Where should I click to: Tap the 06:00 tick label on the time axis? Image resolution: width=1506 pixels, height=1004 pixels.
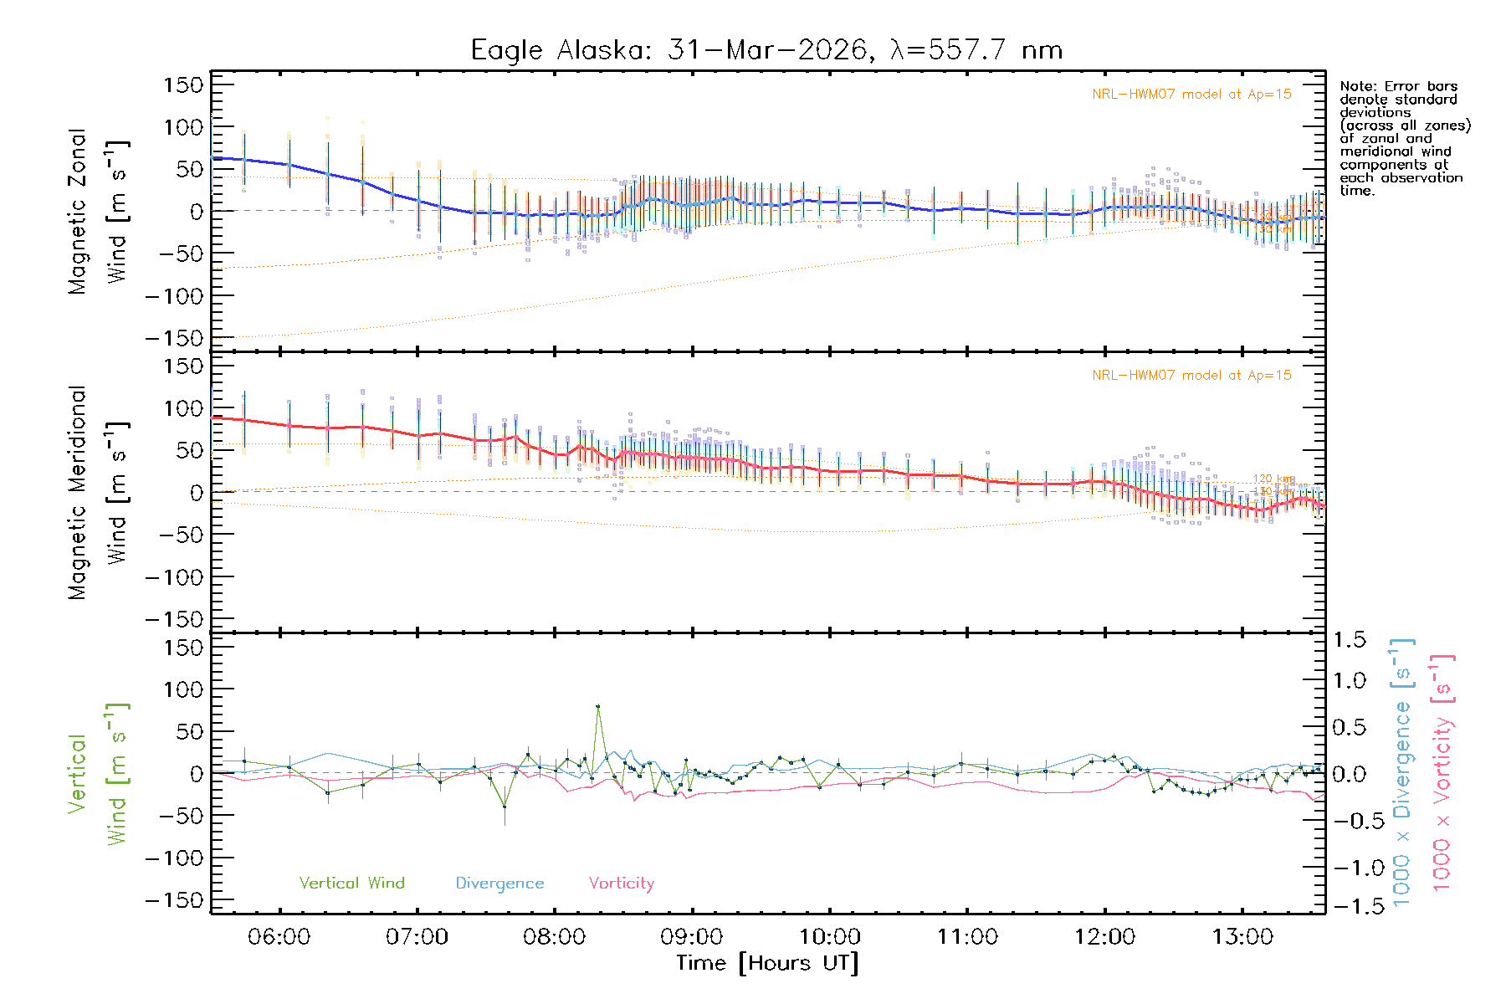tap(279, 936)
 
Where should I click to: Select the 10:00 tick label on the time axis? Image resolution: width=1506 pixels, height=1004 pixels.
tap(829, 936)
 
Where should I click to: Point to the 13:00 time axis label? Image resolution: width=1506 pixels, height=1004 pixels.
tap(1242, 936)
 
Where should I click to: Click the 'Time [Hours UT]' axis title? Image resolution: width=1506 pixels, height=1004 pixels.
tap(767, 963)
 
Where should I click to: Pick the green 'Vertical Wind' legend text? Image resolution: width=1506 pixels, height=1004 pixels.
tap(351, 883)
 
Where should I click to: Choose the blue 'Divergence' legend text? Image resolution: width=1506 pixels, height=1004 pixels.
tap(499, 883)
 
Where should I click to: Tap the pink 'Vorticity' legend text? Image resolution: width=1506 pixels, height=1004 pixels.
tap(621, 883)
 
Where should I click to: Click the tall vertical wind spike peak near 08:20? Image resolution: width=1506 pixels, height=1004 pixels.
tap(598, 707)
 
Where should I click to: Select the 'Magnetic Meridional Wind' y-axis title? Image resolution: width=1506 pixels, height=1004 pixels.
tap(99, 492)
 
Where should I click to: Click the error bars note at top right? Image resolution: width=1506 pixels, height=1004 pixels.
tap(1404, 138)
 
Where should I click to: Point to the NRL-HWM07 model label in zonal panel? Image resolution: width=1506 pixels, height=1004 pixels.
tap(1191, 95)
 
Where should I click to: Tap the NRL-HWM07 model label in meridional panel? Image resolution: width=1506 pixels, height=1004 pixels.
tap(1191, 376)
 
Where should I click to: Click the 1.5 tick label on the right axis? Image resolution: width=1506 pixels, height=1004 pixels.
tap(1349, 640)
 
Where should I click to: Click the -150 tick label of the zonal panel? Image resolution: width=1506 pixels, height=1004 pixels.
tap(174, 339)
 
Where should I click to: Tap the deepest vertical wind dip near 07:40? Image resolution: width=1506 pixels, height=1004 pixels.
tap(505, 806)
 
